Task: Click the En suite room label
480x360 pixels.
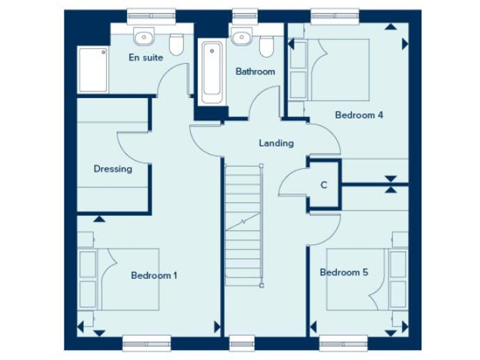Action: pyautogui.click(x=146, y=57)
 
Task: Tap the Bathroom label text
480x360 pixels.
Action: pyautogui.click(x=255, y=71)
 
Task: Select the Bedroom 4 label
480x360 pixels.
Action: pyautogui.click(x=359, y=115)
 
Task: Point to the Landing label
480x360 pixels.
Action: pyautogui.click(x=276, y=143)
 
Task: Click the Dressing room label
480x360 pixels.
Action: pyautogui.click(x=112, y=169)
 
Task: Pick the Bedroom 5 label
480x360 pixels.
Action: pyautogui.click(x=344, y=272)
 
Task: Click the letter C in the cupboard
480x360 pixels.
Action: pyautogui.click(x=324, y=185)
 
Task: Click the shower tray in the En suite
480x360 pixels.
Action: pyautogui.click(x=91, y=70)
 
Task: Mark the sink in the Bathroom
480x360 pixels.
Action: pyautogui.click(x=239, y=37)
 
